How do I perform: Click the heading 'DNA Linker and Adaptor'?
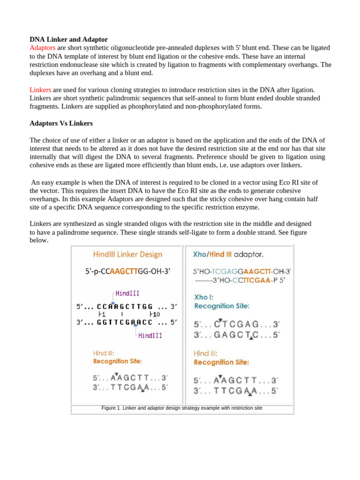(x=69, y=39)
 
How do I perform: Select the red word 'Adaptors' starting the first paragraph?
(x=43, y=48)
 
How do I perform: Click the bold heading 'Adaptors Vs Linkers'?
(x=61, y=124)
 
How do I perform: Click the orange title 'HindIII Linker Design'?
(x=127, y=255)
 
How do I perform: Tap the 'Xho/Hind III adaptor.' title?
(x=228, y=255)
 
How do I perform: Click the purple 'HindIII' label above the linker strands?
(x=127, y=293)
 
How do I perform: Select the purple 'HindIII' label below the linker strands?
(x=150, y=335)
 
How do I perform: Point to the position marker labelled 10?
(x=155, y=314)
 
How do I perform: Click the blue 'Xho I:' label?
(x=205, y=297)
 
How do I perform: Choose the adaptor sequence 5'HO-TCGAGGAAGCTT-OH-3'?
(x=242, y=271)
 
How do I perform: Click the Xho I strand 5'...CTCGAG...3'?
(x=237, y=324)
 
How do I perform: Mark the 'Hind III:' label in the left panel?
(x=103, y=353)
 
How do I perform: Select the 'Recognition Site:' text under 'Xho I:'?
(x=221, y=306)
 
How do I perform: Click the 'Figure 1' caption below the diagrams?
(x=182, y=408)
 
